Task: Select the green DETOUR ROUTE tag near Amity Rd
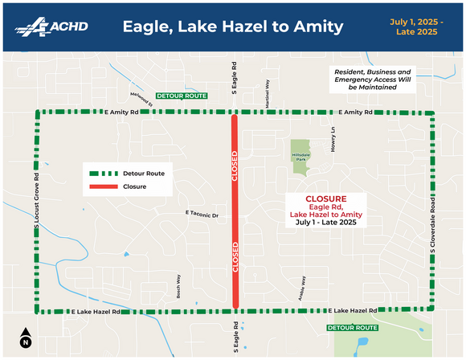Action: (182, 96)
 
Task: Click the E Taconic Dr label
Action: (202, 215)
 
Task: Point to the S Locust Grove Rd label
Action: (37, 204)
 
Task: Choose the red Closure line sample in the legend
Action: (104, 186)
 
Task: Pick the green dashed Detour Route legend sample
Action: (104, 173)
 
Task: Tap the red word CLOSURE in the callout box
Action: (326, 198)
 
